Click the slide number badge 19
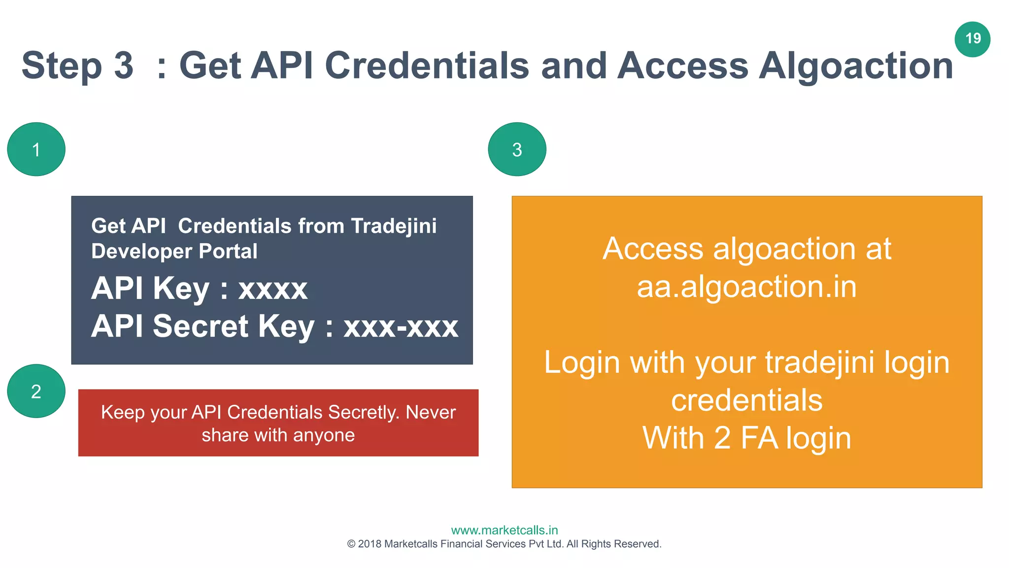973,39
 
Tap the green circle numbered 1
36,149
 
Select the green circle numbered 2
36,391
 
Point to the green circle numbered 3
517,149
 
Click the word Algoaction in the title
856,66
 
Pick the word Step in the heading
62,66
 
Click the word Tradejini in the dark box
394,226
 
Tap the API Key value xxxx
273,289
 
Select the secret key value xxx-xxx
401,326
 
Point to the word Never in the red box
430,412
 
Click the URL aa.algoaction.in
746,287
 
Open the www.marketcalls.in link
504,530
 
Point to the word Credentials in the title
427,66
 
